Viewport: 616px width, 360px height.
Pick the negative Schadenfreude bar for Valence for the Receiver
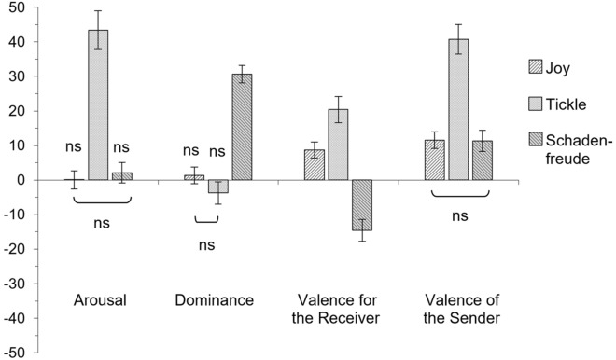[361, 204]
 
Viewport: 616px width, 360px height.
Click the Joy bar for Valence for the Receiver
[315, 165]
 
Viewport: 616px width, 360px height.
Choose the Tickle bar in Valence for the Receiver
[338, 145]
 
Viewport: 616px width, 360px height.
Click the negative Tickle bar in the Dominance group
[218, 187]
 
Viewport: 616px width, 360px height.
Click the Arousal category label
[100, 300]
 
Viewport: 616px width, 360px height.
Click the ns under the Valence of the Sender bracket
[458, 215]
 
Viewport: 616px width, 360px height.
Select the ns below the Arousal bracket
[100, 223]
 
